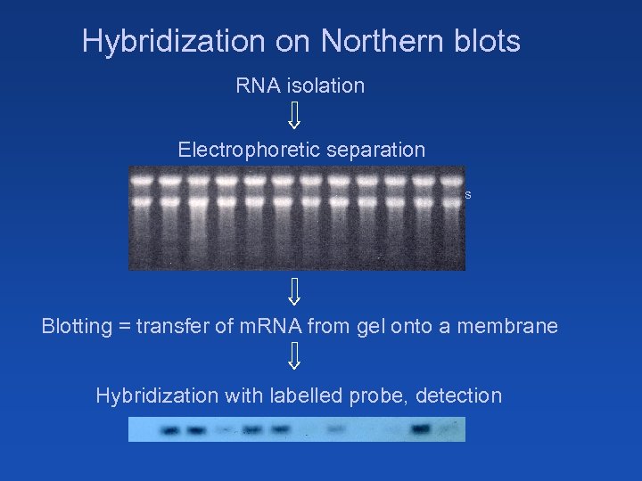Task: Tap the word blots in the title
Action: pyautogui.click(x=490, y=42)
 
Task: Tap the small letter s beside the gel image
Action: pyautogui.click(x=468, y=194)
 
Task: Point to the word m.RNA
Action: pyautogui.click(x=265, y=327)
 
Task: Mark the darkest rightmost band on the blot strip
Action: pyautogui.click(x=421, y=430)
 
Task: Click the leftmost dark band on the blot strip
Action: pyautogui.click(x=169, y=431)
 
